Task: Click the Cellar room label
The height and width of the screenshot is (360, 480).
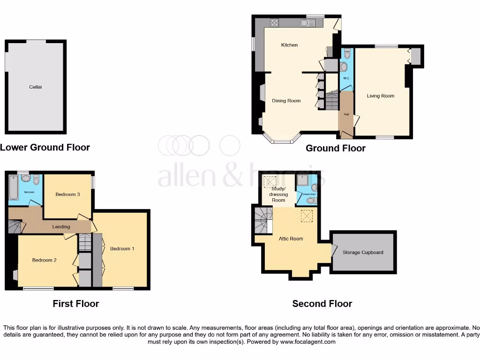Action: click(x=36, y=87)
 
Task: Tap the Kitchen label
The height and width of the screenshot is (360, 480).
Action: click(x=289, y=45)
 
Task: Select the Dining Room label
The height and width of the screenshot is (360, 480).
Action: click(x=286, y=101)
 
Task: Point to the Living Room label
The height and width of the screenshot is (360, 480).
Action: click(x=381, y=96)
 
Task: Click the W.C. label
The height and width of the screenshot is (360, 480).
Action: click(x=347, y=78)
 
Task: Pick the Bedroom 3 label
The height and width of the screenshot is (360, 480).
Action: click(x=67, y=195)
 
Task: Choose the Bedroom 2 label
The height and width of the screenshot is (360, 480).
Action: click(x=45, y=260)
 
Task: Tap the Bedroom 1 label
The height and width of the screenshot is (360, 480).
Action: click(x=122, y=248)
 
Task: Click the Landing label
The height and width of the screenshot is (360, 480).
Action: click(x=61, y=227)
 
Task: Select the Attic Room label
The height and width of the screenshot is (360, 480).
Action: click(x=291, y=239)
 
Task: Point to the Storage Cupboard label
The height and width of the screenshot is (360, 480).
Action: click(x=363, y=252)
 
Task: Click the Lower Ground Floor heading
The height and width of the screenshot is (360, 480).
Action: click(x=45, y=147)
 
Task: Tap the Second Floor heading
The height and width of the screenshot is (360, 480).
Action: click(x=322, y=304)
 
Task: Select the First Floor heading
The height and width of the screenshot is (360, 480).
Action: click(x=76, y=304)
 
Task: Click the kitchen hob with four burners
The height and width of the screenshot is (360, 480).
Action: click(x=275, y=22)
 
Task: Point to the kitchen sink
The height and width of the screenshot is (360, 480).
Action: click(x=311, y=22)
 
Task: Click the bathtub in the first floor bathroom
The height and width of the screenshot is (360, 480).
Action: click(x=13, y=189)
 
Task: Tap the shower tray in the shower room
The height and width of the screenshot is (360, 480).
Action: click(x=302, y=180)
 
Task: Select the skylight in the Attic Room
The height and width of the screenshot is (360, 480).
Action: click(x=307, y=216)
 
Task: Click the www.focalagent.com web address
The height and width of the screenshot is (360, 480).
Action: click(x=308, y=342)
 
